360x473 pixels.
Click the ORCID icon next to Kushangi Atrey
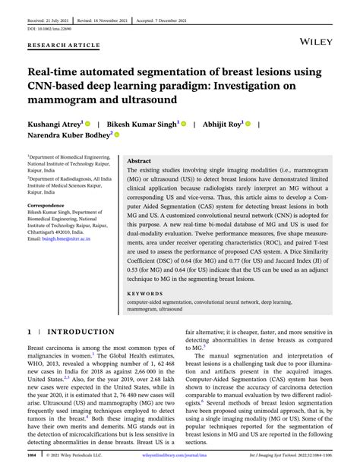click(88, 121)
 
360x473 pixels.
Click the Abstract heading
click(139, 162)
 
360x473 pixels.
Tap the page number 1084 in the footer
click(31, 458)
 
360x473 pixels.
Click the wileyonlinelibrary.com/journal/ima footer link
click(179, 458)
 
